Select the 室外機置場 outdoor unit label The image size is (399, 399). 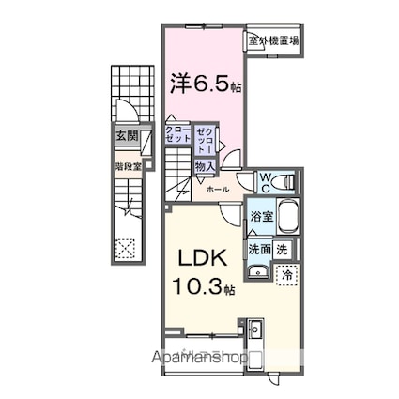pos(273,40)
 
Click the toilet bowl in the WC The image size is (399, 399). pos(290,180)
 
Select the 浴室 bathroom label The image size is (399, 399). pos(261,216)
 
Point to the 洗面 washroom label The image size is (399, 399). pos(260,250)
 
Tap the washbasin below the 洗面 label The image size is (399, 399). pos(258,272)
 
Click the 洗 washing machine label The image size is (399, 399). pos(284,250)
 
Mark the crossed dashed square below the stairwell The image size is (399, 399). pos(126,247)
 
